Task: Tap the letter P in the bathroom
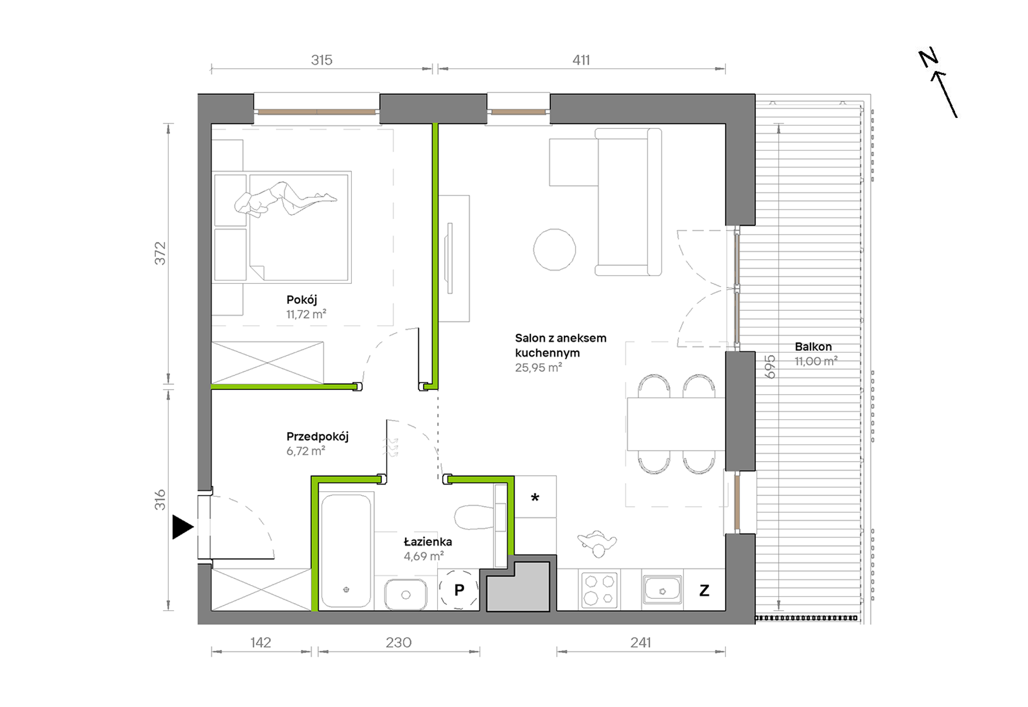click(459, 590)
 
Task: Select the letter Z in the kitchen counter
click(704, 590)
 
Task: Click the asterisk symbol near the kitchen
click(535, 497)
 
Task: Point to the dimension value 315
click(321, 60)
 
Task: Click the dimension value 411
click(581, 60)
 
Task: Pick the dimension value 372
click(160, 253)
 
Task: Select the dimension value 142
click(260, 642)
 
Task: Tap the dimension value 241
click(641, 642)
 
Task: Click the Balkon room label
click(813, 346)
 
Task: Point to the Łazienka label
click(427, 541)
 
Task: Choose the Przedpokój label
click(318, 436)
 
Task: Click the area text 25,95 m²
click(538, 368)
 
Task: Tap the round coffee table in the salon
click(555, 250)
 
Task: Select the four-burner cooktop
click(599, 590)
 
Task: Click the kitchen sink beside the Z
click(662, 590)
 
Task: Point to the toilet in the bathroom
click(474, 517)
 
